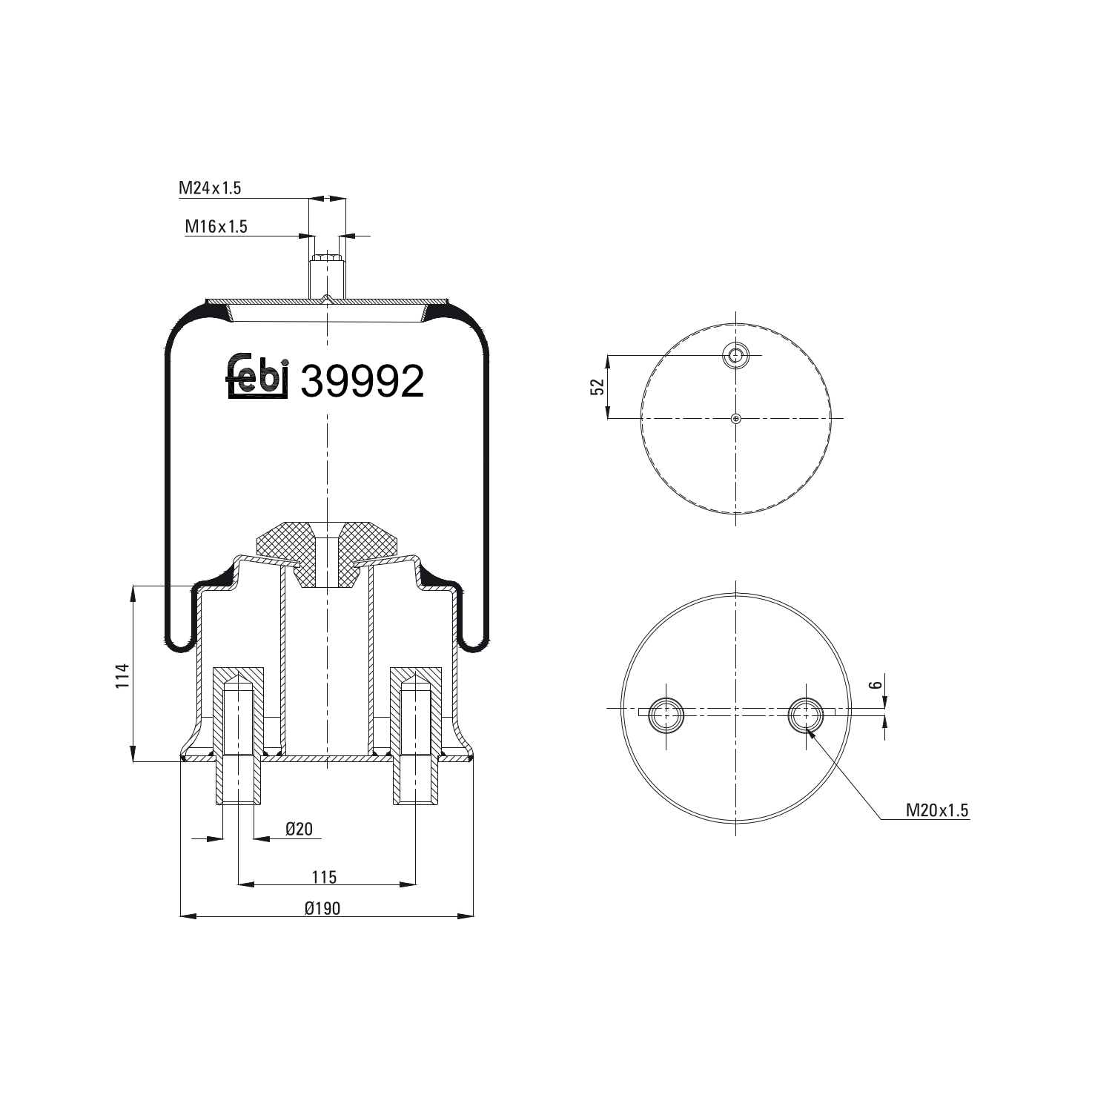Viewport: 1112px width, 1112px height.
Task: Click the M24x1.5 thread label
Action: pyautogui.click(x=210, y=188)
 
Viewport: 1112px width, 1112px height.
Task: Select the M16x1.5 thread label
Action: pyautogui.click(x=216, y=227)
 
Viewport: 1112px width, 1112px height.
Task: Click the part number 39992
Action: pyautogui.click(x=362, y=381)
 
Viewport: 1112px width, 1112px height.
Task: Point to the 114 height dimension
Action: pyautogui.click(x=122, y=676)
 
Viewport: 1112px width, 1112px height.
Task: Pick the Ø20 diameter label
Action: pyautogui.click(x=298, y=829)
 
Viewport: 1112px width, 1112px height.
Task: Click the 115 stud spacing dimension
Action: pyautogui.click(x=324, y=877)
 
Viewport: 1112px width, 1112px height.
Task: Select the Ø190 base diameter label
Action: pyautogui.click(x=322, y=908)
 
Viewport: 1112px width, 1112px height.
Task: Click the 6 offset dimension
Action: pyautogui.click(x=877, y=684)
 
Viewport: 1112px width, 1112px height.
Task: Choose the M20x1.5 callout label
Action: pyautogui.click(x=937, y=810)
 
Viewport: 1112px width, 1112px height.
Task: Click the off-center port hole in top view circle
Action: pyautogui.click(x=736, y=356)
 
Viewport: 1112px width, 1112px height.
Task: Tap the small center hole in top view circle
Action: pyautogui.click(x=735, y=419)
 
